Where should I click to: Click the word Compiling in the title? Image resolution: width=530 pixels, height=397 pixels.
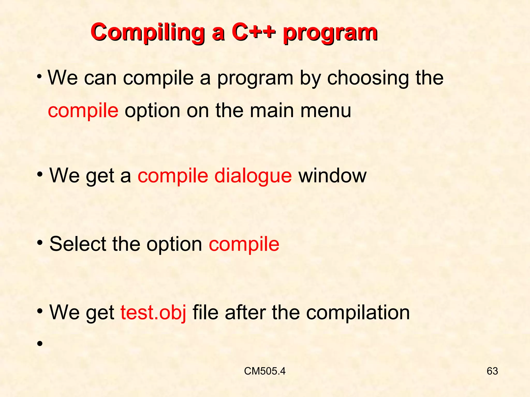coord(148,33)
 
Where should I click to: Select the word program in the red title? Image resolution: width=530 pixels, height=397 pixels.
coord(330,34)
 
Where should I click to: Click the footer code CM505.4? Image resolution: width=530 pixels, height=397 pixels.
coord(264,371)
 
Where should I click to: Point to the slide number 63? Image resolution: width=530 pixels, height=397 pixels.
coord(492,371)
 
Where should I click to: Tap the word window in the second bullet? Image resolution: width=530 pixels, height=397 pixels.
coord(333,176)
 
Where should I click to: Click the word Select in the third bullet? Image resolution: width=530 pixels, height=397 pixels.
coord(78,244)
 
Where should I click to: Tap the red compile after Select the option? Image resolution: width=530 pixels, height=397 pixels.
coord(244,245)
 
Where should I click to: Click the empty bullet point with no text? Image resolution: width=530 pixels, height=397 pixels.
coord(39,343)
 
